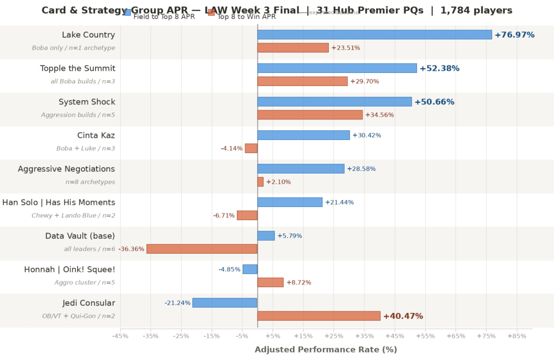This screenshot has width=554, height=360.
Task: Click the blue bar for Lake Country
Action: pyautogui.click(x=374, y=35)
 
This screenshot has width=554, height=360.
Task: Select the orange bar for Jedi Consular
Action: pyautogui.click(x=319, y=316)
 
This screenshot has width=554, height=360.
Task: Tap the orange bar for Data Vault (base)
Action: pyautogui.click(x=202, y=249)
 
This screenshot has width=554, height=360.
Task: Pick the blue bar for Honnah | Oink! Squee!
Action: pyautogui.click(x=250, y=269)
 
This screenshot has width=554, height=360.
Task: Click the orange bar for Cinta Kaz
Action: pyautogui.click(x=251, y=148)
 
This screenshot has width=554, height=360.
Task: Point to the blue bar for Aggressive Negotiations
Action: pyautogui.click(x=301, y=169)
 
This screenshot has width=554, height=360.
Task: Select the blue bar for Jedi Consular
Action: pyautogui.click(x=225, y=303)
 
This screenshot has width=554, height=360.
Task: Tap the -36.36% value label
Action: pyautogui.click(x=131, y=249)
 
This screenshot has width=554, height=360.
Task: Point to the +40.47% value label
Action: pyautogui.click(x=403, y=316)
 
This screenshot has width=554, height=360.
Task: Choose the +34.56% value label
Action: pyautogui.click(x=380, y=115)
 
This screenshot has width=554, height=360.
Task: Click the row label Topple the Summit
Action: pyautogui.click(x=77, y=69)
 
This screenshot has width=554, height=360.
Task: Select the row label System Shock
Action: pyautogui.click(x=87, y=102)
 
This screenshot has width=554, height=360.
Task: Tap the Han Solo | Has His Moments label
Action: pyautogui.click(x=58, y=203)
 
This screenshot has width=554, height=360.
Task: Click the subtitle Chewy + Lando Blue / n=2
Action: pyautogui.click(x=73, y=216)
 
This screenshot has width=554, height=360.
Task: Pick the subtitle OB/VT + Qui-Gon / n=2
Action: pyautogui.click(x=78, y=316)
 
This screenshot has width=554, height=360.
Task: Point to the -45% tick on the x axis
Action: pyautogui.click(x=120, y=336)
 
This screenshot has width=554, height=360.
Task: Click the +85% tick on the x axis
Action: pyautogui.click(x=517, y=336)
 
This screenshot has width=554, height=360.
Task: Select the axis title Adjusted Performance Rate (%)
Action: pyautogui.click(x=326, y=350)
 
